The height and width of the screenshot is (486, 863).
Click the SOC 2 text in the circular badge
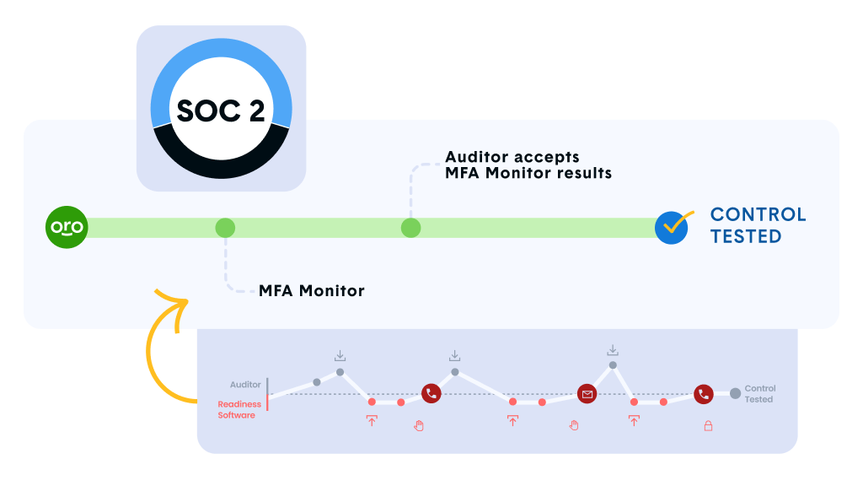point(221,111)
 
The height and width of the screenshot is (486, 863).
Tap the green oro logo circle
point(67,228)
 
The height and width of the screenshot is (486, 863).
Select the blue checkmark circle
point(672,228)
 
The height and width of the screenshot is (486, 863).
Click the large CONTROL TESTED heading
point(758,225)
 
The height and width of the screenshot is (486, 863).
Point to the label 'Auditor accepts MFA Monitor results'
point(528,165)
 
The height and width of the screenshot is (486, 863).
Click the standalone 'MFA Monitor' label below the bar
point(312,291)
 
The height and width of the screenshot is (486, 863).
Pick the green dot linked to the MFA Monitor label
point(225,228)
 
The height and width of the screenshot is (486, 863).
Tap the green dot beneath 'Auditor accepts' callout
point(410,228)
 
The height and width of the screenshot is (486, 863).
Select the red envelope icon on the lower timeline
point(587,393)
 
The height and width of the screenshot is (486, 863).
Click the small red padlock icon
point(708,426)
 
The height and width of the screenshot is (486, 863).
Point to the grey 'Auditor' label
point(246,385)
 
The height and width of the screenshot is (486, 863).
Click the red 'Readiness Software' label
point(239,410)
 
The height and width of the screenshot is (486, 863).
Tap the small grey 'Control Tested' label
point(759,394)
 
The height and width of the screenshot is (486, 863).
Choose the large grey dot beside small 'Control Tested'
point(736,393)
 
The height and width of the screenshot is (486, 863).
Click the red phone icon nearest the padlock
point(704,393)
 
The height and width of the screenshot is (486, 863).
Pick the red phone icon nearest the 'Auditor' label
point(431,392)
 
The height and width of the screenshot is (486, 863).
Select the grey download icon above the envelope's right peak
point(613,350)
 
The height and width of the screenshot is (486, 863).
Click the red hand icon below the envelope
point(574,424)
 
